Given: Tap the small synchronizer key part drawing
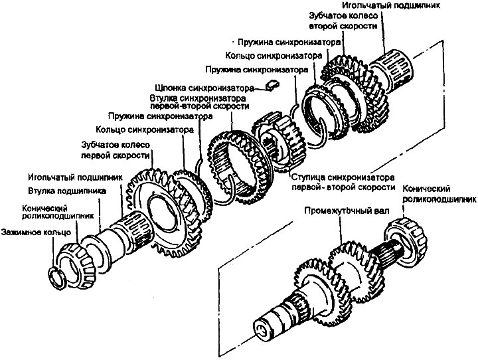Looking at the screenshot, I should pos(270,84).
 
